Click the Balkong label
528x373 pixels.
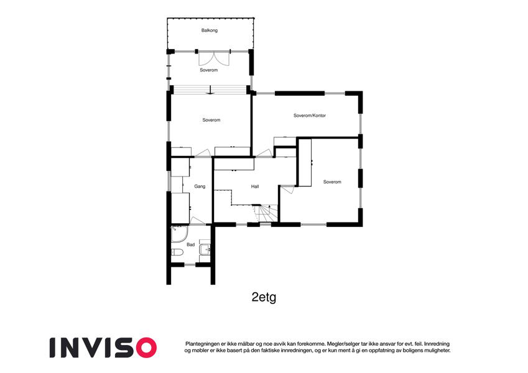[210, 30]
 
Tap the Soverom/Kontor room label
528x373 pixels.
[310, 116]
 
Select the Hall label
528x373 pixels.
[255, 186]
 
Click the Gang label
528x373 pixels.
[200, 186]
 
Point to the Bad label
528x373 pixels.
[190, 245]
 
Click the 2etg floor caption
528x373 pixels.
[264, 297]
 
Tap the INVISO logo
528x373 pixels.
[103, 348]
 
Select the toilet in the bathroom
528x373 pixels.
[177, 252]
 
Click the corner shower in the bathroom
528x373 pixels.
[178, 234]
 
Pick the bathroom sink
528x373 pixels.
[205, 249]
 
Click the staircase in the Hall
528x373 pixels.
[266, 214]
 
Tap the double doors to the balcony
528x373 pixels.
[214, 58]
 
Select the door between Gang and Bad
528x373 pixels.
[197, 221]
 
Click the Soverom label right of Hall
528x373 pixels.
[332, 182]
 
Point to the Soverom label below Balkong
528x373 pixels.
[209, 70]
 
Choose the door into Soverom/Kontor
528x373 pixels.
[264, 153]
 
